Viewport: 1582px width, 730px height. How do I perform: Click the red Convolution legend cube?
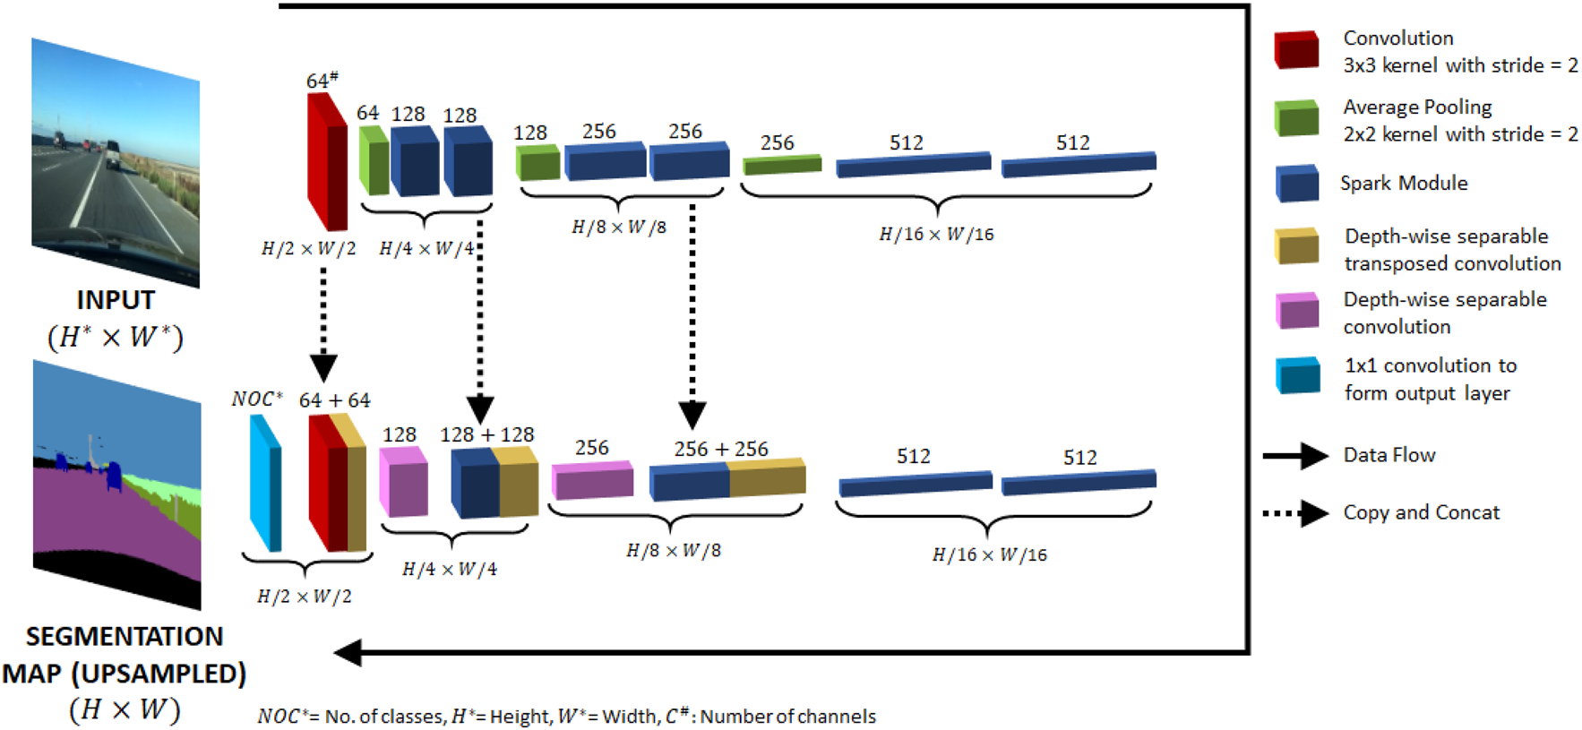[x=1296, y=50]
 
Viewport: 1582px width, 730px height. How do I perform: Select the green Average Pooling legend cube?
[x=1296, y=118]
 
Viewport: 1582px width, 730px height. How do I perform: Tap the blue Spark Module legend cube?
[x=1296, y=183]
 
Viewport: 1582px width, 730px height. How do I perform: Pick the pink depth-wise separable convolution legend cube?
[x=1296, y=311]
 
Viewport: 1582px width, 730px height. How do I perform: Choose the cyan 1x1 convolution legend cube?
[x=1297, y=375]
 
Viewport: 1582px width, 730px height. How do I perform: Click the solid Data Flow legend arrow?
[x=1295, y=456]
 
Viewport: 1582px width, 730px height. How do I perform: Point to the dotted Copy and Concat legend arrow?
[x=1295, y=513]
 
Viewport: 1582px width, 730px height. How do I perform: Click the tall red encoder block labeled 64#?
[x=326, y=161]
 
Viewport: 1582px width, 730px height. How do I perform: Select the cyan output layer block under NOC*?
[x=265, y=484]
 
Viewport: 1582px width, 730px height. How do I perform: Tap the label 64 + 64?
[x=334, y=400]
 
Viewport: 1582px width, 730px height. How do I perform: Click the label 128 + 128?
[x=486, y=435]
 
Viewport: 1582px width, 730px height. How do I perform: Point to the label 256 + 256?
[x=720, y=449]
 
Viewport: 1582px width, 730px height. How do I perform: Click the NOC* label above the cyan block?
[x=256, y=399]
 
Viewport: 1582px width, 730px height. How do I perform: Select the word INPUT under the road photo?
[x=116, y=300]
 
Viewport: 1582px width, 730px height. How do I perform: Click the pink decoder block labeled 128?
[x=403, y=482]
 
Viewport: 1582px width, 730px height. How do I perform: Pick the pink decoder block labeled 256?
[x=592, y=481]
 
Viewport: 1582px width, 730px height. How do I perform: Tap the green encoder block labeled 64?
[x=374, y=160]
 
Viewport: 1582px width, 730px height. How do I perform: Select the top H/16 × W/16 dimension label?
[x=936, y=235]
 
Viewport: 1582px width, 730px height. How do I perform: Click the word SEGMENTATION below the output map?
[x=125, y=637]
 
